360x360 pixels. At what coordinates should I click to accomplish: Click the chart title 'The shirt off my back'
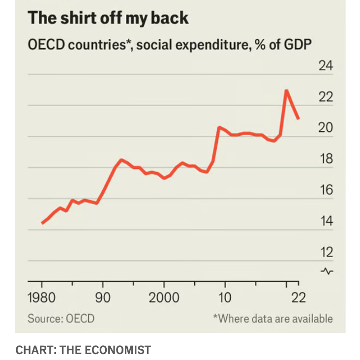(x=108, y=18)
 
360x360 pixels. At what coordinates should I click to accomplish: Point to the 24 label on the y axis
(x=326, y=65)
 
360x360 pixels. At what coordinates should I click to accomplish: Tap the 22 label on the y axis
(x=326, y=97)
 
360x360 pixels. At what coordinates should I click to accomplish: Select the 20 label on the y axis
(x=326, y=128)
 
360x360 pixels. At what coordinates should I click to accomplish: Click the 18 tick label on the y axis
(x=326, y=159)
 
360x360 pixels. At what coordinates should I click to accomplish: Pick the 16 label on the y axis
(x=326, y=190)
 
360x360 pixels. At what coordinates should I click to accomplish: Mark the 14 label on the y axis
(x=326, y=221)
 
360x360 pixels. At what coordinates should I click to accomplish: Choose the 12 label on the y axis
(x=326, y=252)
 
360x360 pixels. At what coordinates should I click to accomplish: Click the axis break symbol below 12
(x=327, y=271)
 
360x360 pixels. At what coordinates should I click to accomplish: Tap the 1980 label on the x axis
(x=41, y=298)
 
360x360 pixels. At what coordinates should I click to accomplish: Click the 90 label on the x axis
(x=102, y=298)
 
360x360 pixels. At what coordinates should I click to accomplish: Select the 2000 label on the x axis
(x=164, y=298)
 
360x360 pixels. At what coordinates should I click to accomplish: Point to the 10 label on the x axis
(x=225, y=298)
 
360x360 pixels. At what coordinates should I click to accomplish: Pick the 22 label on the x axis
(x=298, y=298)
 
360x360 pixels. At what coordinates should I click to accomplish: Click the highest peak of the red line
(x=286, y=90)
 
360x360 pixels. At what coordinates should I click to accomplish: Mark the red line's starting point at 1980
(x=42, y=223)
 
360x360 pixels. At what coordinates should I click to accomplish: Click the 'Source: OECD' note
(x=60, y=318)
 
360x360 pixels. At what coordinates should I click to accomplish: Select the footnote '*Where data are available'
(x=272, y=318)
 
